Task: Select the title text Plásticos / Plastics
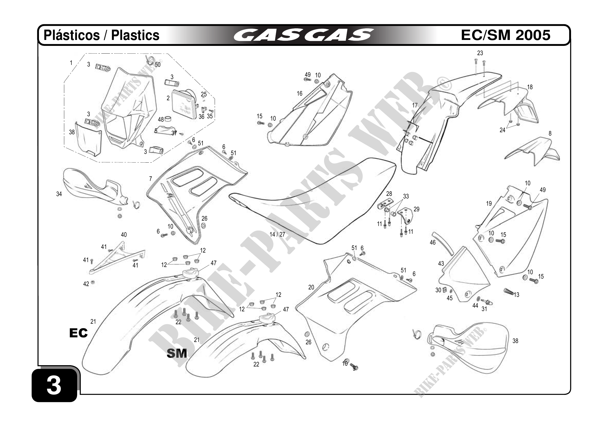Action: [x=101, y=35]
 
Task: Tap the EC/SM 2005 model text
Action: [x=505, y=35]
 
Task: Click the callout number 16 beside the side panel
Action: [x=300, y=94]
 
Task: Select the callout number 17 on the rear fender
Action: [x=415, y=105]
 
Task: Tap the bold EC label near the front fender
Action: [x=78, y=333]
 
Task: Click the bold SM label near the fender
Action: [x=177, y=353]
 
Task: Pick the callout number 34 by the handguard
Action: [x=59, y=194]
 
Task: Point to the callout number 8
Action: [x=550, y=133]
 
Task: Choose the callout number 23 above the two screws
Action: [x=480, y=53]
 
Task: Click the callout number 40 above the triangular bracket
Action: [x=124, y=235]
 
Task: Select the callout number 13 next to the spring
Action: [x=517, y=295]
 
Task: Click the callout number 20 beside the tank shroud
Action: [x=311, y=287]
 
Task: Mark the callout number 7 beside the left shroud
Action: [x=150, y=179]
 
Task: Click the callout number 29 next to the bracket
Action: [x=416, y=209]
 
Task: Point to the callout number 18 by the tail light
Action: [x=530, y=87]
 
